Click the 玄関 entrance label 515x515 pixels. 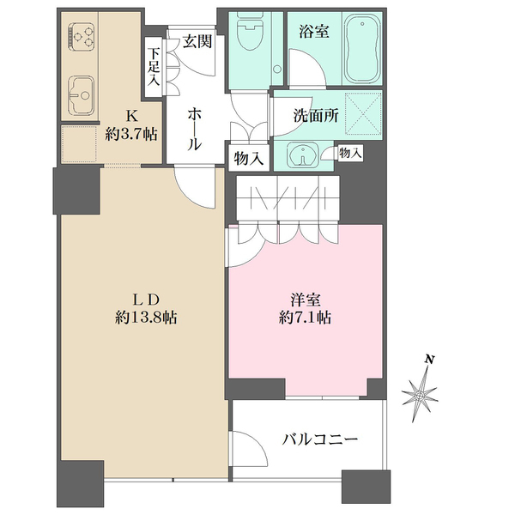coord(197,42)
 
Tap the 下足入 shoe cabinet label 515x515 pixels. coord(153,67)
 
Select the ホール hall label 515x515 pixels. coord(194,129)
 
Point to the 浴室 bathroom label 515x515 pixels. coord(313,32)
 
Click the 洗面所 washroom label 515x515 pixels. coord(316,115)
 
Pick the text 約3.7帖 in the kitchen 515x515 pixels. coord(131,134)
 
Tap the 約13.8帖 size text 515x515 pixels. coord(146,318)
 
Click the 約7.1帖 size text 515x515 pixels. coord(305,318)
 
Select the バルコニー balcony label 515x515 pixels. coord(319,439)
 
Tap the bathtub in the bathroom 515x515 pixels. coord(362,51)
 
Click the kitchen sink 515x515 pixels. coord(82,95)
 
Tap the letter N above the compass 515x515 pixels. coord(429,359)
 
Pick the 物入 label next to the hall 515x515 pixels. coord(249,160)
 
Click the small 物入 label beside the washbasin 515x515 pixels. coord(351,153)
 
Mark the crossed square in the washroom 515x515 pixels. coord(363,114)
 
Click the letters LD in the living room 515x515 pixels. coord(146,300)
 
